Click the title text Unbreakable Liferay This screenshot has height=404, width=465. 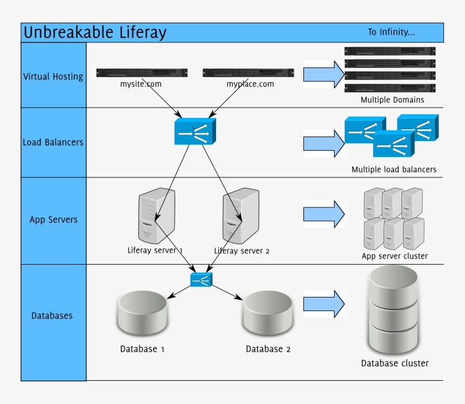click(x=95, y=33)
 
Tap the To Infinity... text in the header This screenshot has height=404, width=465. click(x=391, y=32)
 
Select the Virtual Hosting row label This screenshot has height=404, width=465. click(x=53, y=76)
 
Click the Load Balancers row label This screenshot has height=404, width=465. click(x=53, y=142)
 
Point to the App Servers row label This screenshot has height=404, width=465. click(x=53, y=220)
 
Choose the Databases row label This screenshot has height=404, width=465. click(x=52, y=316)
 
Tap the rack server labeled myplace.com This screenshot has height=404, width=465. click(x=248, y=73)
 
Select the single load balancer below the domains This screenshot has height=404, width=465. click(x=195, y=131)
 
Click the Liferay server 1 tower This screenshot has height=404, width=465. click(x=156, y=216)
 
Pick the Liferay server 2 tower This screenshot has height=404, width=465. click(x=241, y=216)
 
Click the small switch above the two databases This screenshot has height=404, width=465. click(x=201, y=279)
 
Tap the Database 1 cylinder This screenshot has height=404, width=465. click(x=142, y=314)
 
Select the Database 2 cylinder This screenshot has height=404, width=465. click(x=268, y=314)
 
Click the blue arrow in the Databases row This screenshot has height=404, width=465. click(x=324, y=304)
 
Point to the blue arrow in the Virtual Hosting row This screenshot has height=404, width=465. click(x=324, y=75)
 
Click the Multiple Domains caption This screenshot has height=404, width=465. click(x=392, y=100)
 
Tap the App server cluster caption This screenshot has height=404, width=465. click(x=395, y=256)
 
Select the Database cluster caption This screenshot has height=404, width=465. click(x=395, y=363)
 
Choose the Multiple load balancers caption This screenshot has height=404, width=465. click(x=394, y=169)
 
